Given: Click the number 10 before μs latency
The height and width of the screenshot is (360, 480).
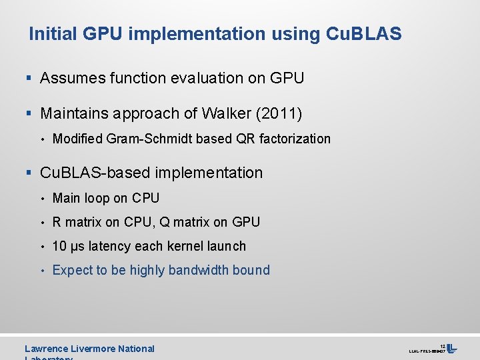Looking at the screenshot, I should (59, 246).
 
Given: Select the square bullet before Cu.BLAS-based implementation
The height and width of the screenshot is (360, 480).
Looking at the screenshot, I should (29, 173).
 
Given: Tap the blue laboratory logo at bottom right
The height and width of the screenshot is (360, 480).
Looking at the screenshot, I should (452, 348).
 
